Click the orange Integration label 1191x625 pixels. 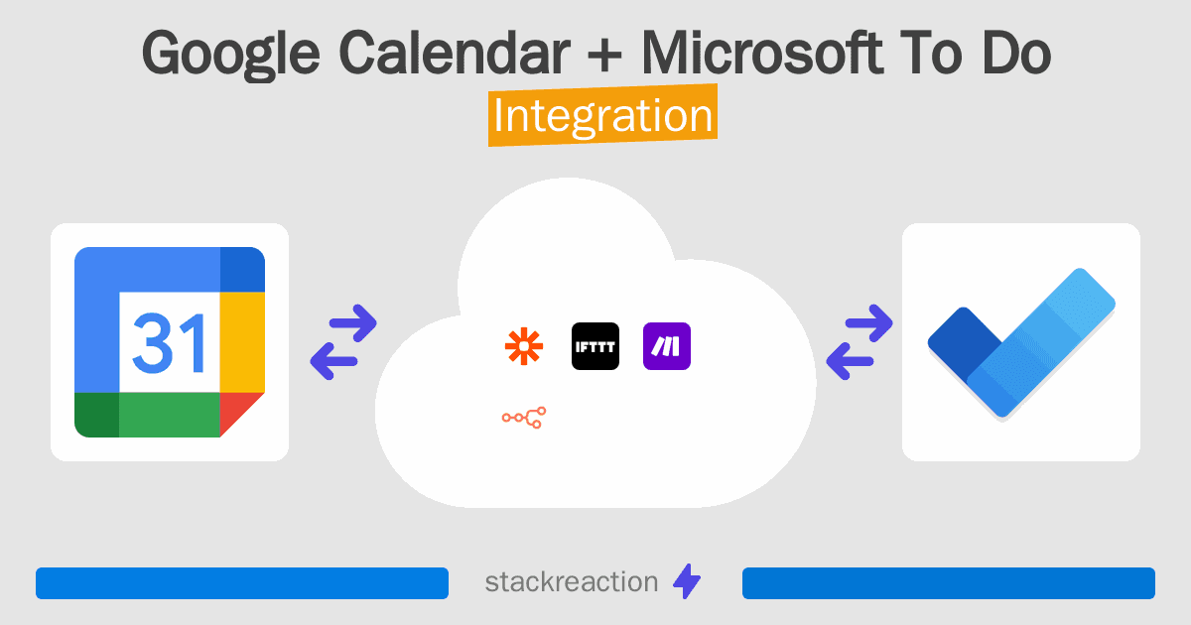pos(602,116)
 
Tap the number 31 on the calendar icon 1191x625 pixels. pos(169,342)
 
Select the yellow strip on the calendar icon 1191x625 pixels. pos(241,342)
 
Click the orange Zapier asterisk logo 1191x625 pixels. pos(524,347)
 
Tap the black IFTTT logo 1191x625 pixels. pos(595,347)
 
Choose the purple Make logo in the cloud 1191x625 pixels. pos(667,347)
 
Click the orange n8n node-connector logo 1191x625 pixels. pos(524,418)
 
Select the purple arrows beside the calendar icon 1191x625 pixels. pos(343,342)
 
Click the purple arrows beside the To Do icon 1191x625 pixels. pos(860,342)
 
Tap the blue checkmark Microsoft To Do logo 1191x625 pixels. pos(1020,342)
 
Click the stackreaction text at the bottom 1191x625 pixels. pos(571,581)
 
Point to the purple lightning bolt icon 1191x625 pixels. pos(687,582)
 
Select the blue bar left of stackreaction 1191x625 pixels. pos(241,583)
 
